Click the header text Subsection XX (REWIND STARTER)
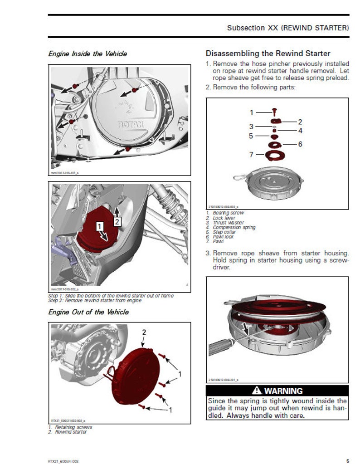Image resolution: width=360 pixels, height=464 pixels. click(288, 28)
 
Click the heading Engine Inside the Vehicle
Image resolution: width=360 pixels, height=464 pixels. click(88, 54)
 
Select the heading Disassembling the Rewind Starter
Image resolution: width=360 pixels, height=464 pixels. click(268, 54)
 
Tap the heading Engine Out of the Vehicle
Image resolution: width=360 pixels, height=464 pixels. click(88, 312)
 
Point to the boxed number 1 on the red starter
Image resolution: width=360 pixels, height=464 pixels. click(101, 225)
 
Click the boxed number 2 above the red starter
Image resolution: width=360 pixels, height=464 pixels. click(117, 222)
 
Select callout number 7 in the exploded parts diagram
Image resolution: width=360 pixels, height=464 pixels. click(251, 155)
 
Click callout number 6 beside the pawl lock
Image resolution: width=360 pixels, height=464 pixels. click(300, 144)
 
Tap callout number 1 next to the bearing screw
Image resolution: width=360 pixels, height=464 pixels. click(252, 112)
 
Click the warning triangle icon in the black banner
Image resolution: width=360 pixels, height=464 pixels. click(257, 391)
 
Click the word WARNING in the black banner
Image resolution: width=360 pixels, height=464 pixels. click(283, 391)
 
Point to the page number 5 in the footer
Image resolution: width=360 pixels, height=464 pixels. click(347, 461)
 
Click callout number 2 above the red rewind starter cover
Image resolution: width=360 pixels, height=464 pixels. click(144, 332)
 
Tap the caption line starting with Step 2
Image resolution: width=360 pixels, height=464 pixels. click(95, 300)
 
